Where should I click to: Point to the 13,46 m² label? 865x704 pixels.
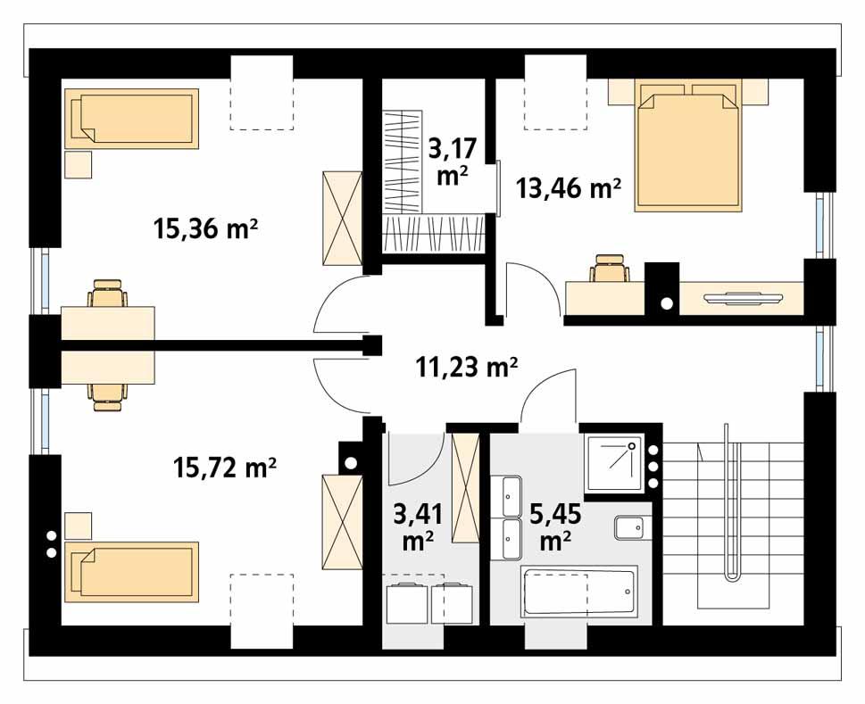click(x=569, y=187)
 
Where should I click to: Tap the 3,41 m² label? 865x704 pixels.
click(x=416, y=526)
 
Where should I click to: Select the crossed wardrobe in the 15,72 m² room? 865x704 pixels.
click(x=341, y=523)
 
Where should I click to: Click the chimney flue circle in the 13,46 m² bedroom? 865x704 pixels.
click(x=666, y=303)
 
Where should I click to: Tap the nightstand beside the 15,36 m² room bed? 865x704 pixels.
click(x=79, y=165)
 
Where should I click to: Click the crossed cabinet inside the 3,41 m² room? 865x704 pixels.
click(x=466, y=487)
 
